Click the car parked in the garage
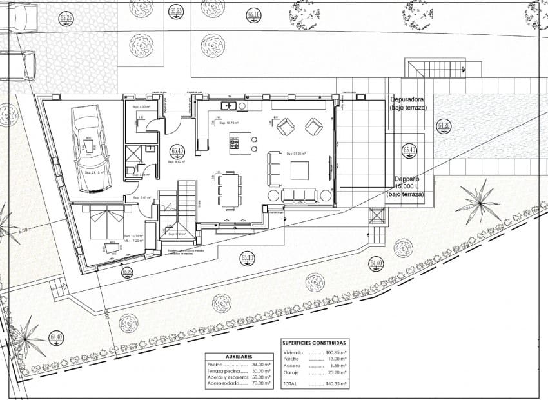[91, 148]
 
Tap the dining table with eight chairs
[230, 190]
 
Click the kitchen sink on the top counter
[228, 105]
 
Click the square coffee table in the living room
[300, 170]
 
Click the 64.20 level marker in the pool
[444, 126]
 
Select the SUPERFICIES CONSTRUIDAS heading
[314, 343]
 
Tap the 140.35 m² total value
[335, 383]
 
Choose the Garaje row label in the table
[291, 373]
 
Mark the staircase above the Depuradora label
[435, 68]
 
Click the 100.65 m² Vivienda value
[335, 353]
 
